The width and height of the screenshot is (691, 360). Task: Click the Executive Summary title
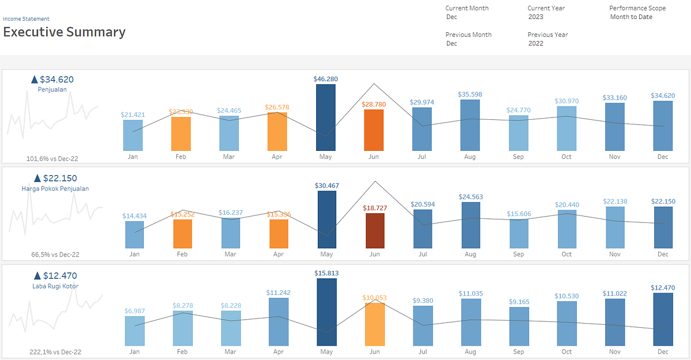(64, 32)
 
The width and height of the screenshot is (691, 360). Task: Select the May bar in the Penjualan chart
(326, 118)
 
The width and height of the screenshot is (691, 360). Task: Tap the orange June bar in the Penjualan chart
(374, 130)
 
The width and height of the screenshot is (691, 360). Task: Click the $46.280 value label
(326, 78)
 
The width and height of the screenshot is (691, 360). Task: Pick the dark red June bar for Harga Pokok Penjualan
(374, 230)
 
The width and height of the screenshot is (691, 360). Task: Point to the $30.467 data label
(326, 185)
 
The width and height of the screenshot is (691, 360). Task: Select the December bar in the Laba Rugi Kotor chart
(663, 319)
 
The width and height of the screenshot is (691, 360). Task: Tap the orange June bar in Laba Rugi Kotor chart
(374, 324)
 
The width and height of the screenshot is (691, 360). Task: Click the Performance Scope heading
(637, 8)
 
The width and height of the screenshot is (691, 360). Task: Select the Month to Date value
(631, 17)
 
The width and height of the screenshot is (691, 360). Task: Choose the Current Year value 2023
(536, 17)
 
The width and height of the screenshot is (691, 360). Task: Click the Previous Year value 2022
(536, 43)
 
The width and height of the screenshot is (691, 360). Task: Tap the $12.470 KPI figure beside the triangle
(59, 275)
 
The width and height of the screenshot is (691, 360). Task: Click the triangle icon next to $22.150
(37, 179)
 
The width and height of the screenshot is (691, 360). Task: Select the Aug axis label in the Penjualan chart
(470, 157)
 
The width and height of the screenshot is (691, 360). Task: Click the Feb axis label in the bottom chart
(183, 351)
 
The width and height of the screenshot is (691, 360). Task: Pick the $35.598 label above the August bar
(470, 94)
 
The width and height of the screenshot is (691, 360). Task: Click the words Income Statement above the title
(26, 19)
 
